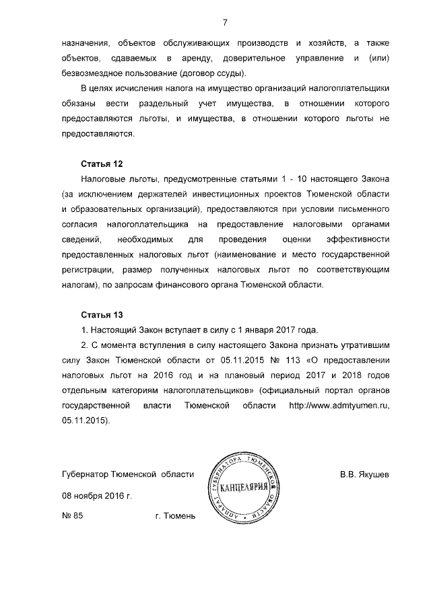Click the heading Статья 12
(101, 164)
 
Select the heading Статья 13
(101, 315)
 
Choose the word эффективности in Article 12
(358, 240)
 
